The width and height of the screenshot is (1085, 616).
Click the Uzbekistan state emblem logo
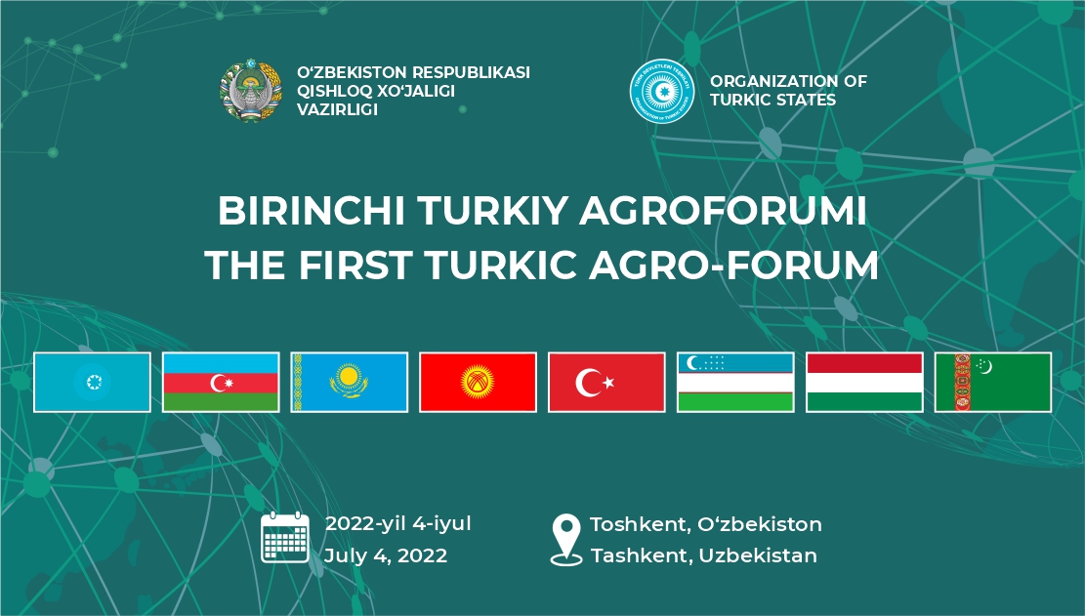(x=250, y=91)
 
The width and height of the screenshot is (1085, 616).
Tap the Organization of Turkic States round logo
(x=661, y=91)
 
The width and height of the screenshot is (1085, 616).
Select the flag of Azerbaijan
(x=221, y=383)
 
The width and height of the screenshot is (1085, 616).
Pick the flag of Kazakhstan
(x=350, y=383)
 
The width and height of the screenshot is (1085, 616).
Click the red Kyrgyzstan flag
(x=479, y=383)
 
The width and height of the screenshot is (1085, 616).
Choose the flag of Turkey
(x=606, y=383)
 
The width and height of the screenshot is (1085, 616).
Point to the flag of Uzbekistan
(x=735, y=383)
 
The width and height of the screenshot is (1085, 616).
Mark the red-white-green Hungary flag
(x=864, y=383)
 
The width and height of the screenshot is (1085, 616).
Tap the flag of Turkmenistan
(x=993, y=383)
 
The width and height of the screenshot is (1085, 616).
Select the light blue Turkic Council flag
(x=92, y=383)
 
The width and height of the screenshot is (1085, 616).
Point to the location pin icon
(x=566, y=540)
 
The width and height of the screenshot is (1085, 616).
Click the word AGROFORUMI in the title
(x=723, y=210)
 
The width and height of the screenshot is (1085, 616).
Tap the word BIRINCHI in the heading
(x=311, y=210)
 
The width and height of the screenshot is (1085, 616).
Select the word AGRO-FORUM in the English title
(x=734, y=265)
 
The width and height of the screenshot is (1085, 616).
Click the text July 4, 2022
(x=386, y=555)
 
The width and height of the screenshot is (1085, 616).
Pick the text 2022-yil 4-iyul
(x=397, y=524)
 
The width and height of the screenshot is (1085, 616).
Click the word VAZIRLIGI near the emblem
(x=337, y=109)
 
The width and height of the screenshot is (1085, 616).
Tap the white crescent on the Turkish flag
(x=587, y=383)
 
